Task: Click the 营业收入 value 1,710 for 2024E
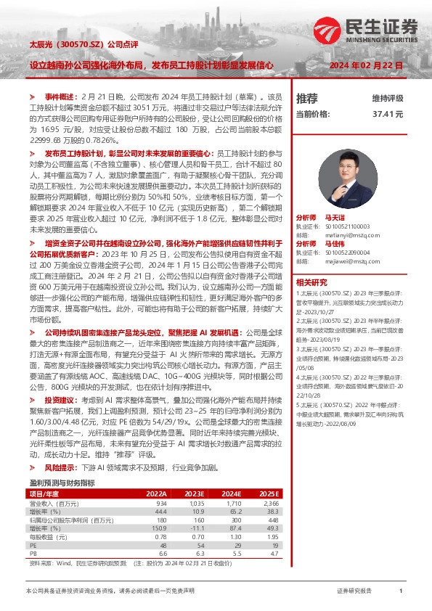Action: (233, 502)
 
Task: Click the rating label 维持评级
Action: (387, 98)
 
